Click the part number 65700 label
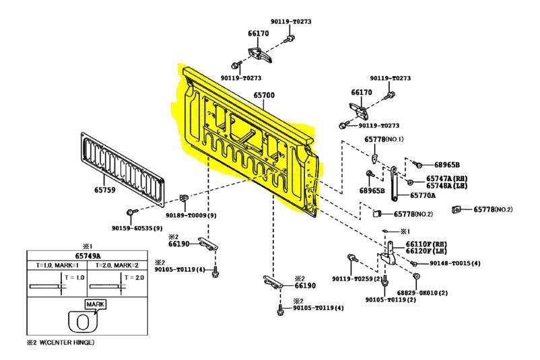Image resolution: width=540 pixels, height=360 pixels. (264, 95)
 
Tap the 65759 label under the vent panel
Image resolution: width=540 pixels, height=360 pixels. (105, 190)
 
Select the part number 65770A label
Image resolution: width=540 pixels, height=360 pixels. (423, 196)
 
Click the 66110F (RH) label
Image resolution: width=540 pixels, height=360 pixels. (426, 244)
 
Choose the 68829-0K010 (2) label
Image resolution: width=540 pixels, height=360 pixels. (422, 293)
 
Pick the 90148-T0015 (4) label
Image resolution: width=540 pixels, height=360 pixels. (455, 263)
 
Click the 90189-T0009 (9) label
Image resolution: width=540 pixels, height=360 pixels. (191, 215)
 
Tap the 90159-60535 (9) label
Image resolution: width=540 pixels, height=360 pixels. (137, 228)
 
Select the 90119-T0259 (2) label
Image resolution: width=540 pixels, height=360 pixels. (358, 279)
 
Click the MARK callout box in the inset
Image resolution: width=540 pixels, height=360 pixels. (96, 304)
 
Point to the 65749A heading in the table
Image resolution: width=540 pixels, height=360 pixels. (88, 256)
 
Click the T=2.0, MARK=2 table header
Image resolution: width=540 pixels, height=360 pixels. (117, 265)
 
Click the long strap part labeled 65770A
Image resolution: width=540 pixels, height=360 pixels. (394, 184)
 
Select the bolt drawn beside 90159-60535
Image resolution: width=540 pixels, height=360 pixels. (132, 211)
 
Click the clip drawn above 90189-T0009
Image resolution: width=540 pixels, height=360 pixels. (184, 199)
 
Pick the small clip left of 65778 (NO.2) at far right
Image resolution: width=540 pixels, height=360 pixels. (457, 209)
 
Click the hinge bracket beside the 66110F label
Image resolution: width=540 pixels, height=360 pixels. (387, 254)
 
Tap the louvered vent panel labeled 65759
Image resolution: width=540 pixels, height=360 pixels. (123, 170)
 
